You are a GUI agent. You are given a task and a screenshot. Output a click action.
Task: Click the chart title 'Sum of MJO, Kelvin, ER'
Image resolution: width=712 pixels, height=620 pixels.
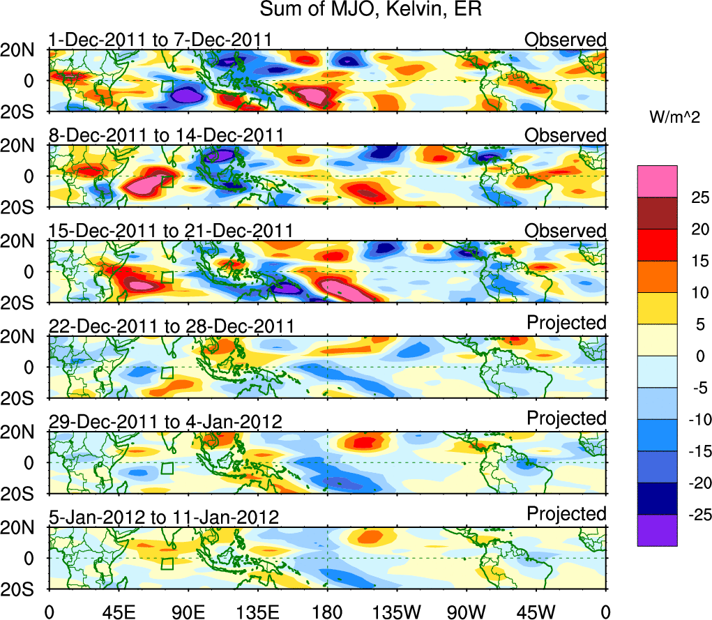click(370, 10)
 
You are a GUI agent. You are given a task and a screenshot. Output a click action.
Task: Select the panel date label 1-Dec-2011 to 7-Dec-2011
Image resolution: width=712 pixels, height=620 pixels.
click(160, 40)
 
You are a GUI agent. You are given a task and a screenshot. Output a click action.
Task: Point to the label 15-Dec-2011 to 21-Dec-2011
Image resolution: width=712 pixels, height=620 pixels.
click(170, 231)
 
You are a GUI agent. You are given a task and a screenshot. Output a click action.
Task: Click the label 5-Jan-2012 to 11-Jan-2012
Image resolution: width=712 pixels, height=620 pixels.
click(165, 517)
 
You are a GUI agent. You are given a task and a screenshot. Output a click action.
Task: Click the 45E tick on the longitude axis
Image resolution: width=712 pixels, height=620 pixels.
click(118, 610)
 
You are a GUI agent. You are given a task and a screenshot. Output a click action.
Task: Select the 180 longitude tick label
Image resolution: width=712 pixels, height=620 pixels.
click(327, 610)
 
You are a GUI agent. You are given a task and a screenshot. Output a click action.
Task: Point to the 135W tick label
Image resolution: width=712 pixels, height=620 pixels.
click(397, 610)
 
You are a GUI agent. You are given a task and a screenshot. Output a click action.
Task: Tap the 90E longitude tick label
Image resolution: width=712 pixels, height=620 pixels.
click(188, 610)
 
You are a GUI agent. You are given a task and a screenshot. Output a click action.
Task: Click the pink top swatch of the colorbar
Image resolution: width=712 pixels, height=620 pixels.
click(657, 181)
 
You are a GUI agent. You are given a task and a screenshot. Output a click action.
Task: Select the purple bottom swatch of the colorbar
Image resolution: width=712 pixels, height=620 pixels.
click(657, 531)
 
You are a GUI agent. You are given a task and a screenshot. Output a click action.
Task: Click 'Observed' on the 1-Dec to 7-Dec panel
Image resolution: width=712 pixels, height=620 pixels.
click(566, 40)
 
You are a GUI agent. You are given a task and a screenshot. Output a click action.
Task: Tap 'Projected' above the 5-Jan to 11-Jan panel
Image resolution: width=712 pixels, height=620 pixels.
click(566, 514)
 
